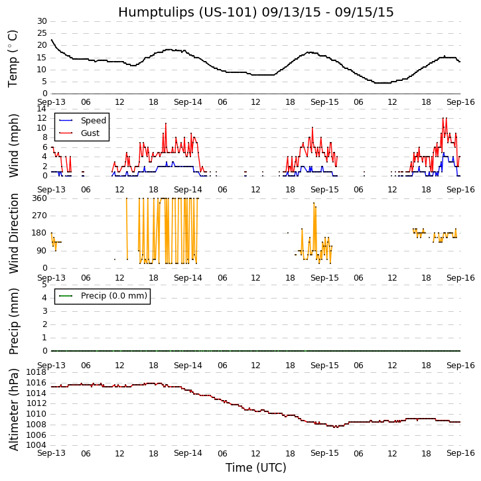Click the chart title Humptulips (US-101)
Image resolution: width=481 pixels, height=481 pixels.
pos(255,12)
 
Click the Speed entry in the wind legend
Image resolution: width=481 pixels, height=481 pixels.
pos(93,121)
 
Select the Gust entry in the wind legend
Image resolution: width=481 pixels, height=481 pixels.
pos(90,133)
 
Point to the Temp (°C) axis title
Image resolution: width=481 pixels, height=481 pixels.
pos(13,58)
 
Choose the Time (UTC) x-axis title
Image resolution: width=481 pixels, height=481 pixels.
pos(255,468)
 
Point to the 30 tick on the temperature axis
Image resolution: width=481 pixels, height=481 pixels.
pos(41,21)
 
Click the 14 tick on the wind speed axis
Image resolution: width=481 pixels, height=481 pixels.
pos(41,109)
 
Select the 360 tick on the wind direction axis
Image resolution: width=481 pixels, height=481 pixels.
pos(38,198)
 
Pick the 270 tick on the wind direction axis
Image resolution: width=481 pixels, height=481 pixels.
pos(38,216)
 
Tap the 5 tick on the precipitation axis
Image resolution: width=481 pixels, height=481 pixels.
pos(44,285)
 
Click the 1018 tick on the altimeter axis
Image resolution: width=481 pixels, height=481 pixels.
pos(36,372)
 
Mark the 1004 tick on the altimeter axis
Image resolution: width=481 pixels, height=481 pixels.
pos(36,445)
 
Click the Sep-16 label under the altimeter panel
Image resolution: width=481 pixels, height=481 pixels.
pos(460,452)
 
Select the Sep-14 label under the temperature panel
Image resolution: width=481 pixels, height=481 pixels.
pos(188,102)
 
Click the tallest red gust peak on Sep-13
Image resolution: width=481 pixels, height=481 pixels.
pos(166,123)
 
